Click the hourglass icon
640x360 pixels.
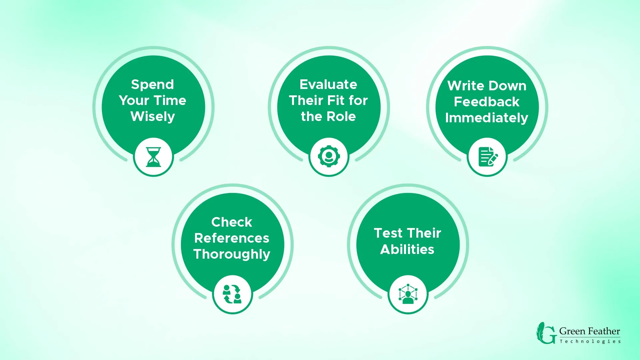pyautogui.click(x=153, y=157)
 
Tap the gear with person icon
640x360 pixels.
pyautogui.click(x=329, y=156)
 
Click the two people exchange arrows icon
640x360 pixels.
pyautogui.click(x=232, y=294)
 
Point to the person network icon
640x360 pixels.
pyautogui.click(x=408, y=294)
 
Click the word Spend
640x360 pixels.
pyautogui.click(x=153, y=84)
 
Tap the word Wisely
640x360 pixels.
pyautogui.click(x=153, y=117)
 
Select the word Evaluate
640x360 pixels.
pyautogui.click(x=328, y=84)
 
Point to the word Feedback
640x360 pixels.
pyautogui.click(x=487, y=102)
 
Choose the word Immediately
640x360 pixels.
pyautogui.click(x=487, y=118)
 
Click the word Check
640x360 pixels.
pyautogui.click(x=232, y=222)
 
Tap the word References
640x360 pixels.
pyautogui.click(x=232, y=238)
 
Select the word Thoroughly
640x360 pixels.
pyautogui.click(x=232, y=254)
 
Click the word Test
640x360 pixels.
pyautogui.click(x=388, y=233)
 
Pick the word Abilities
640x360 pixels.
pyautogui.click(x=407, y=249)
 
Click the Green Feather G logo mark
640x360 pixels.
pyautogui.click(x=546, y=333)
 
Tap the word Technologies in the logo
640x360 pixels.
pyautogui.click(x=590, y=341)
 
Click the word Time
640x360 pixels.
pyautogui.click(x=170, y=100)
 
